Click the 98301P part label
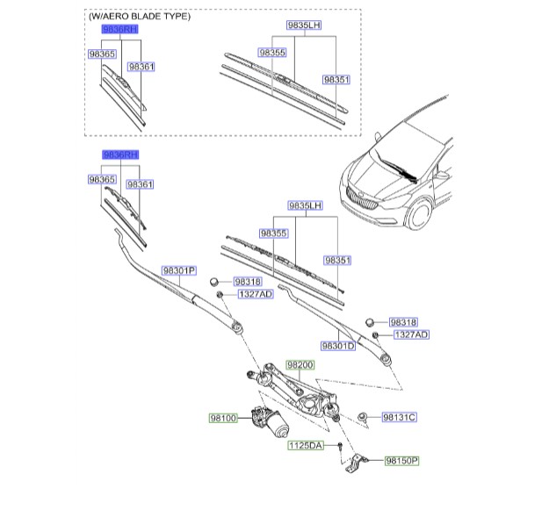177,270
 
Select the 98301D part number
338,345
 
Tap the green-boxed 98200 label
300,364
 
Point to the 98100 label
223,419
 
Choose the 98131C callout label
399,417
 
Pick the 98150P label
402,460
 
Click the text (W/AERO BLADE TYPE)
139,17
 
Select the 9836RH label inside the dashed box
120,29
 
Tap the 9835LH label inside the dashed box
304,25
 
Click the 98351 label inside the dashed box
336,79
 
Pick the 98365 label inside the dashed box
102,54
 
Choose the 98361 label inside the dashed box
141,66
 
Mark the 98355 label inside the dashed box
272,53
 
